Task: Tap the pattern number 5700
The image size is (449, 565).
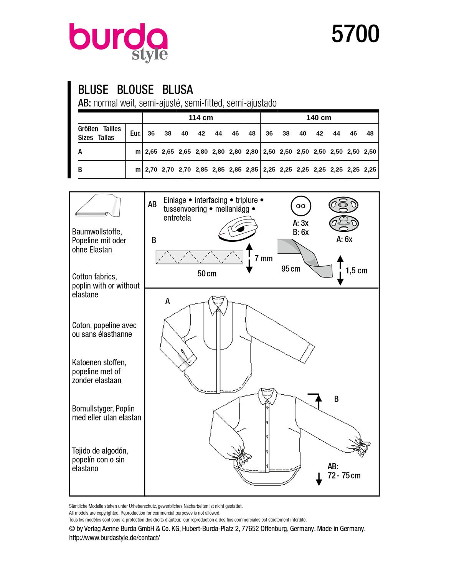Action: coord(355,34)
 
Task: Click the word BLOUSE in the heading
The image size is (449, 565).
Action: coord(135,90)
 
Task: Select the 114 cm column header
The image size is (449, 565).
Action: coord(201,118)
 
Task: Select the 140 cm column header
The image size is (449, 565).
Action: coord(319,118)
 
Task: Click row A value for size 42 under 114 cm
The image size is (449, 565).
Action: coord(201,152)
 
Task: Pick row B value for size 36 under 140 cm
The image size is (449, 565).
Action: coord(269,169)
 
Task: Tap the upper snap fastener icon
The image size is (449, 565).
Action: coord(343,205)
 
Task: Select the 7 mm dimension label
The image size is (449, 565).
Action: coord(263,259)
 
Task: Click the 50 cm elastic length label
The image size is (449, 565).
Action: coord(207,274)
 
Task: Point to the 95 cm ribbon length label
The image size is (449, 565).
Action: coord(291,269)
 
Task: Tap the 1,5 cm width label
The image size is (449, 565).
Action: coord(356,271)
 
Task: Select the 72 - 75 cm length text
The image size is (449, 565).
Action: coord(344,476)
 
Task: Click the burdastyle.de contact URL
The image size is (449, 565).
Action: coord(114,538)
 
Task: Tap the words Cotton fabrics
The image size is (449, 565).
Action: coord(94,277)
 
